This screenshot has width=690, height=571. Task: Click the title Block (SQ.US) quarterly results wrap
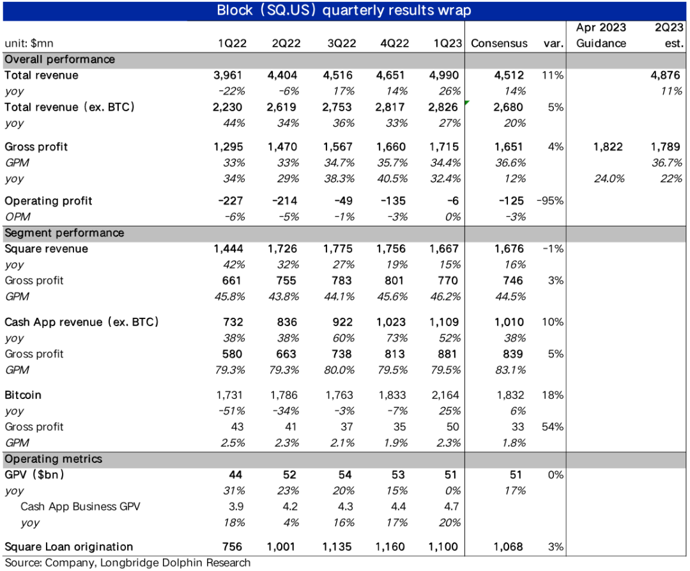point(344,10)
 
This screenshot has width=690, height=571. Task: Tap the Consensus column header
point(499,43)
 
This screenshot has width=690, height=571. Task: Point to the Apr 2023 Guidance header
point(601,35)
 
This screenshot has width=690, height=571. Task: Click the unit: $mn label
point(29,43)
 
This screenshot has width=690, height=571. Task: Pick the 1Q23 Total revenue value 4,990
point(445,75)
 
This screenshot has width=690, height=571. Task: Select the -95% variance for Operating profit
point(550,201)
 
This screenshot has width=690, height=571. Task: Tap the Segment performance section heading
point(55,233)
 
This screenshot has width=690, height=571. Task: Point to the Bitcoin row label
point(23,395)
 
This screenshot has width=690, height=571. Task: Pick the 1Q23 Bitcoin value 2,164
point(445,395)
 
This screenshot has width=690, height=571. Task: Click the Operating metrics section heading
point(53,459)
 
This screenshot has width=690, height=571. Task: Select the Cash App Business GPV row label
point(80,506)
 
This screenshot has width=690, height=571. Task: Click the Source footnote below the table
point(127,563)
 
